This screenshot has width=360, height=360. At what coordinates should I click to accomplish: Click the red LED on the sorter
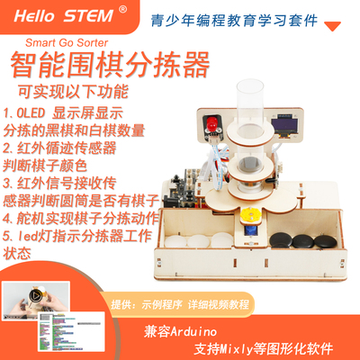pos(208,124)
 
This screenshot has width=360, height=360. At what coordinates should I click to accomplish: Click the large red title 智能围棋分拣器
pos(109,67)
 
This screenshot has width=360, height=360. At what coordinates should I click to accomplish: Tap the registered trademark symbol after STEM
pos(123,9)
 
